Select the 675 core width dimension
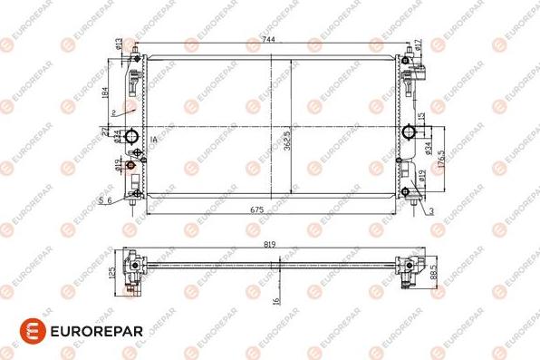256,210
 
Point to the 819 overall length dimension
269,242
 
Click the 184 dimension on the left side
105,92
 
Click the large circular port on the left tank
131,138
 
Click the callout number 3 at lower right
432,210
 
